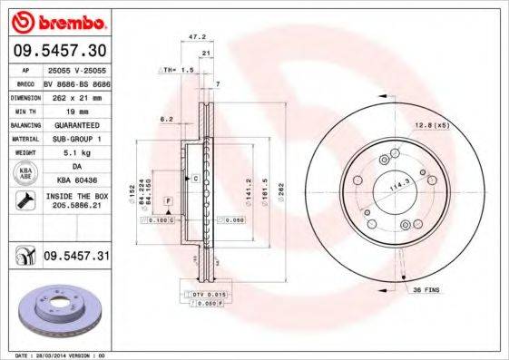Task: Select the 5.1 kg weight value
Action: pos(76,152)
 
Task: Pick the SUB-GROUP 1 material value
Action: pos(76,139)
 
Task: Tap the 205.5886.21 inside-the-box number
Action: pos(76,206)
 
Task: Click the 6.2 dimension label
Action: pos(166,119)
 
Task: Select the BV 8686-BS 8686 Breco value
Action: pos(76,82)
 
